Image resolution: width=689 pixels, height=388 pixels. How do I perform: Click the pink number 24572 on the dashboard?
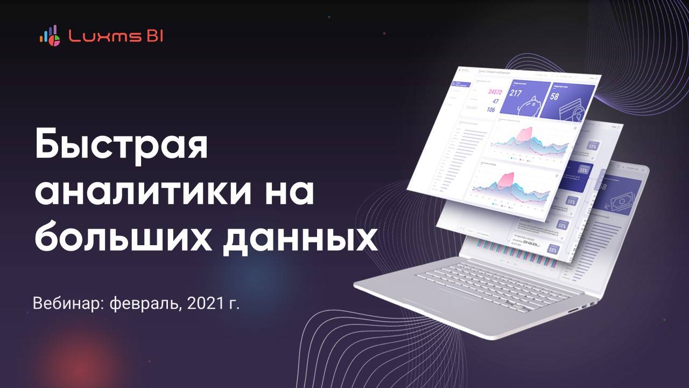click(495, 92)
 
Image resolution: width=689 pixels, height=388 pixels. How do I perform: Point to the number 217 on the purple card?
click(516, 93)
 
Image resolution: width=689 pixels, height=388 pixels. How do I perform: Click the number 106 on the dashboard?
click(490, 109)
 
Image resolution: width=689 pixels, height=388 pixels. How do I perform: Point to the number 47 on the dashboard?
click(495, 101)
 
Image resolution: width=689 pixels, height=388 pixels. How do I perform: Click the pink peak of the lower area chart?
click(507, 178)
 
